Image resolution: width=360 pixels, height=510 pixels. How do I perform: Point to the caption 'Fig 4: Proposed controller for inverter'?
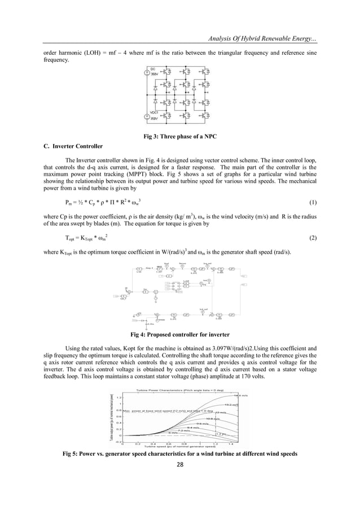tap(180, 333)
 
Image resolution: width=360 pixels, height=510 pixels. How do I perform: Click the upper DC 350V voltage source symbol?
tap(147, 73)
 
